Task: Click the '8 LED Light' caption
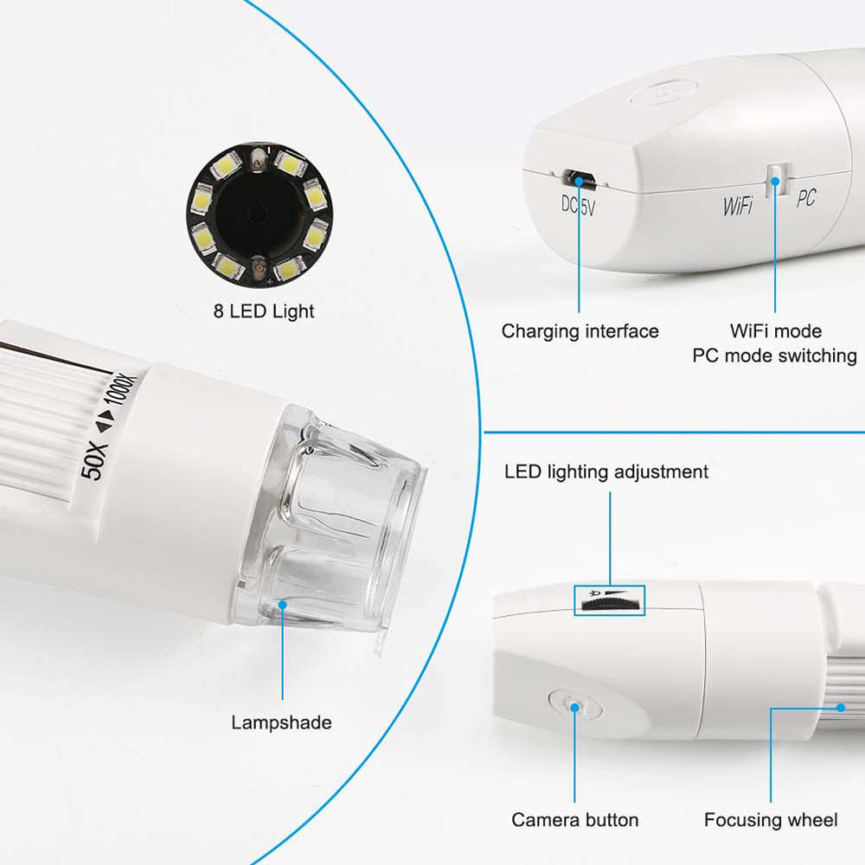pos(264,311)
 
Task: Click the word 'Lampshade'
pos(281,722)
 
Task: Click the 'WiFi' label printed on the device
pos(738,206)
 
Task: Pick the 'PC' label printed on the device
pos(805,199)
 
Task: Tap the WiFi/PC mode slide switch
pos(775,180)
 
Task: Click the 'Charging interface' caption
pos(580,331)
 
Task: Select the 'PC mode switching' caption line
pos(774,356)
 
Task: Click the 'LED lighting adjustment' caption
pos(605,472)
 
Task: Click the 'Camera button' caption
pos(574,820)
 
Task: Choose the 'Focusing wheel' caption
pos(771,820)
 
